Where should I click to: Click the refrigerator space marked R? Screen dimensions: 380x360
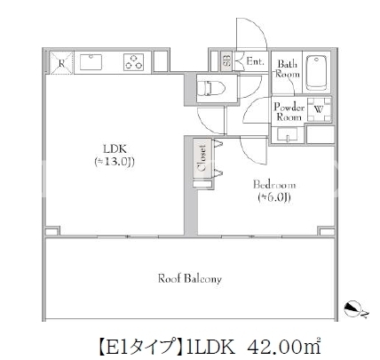pyautogui.click(x=61, y=63)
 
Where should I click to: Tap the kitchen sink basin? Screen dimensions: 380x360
pyautogui.click(x=91, y=62)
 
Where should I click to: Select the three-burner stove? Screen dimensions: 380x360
pyautogui.click(x=133, y=62)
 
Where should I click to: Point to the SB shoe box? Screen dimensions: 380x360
pyautogui.click(x=226, y=61)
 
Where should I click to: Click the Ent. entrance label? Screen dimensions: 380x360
pyautogui.click(x=255, y=61)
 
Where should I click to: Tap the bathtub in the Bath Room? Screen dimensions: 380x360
pyautogui.click(x=316, y=72)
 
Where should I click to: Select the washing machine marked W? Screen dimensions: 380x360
pyautogui.click(x=319, y=109)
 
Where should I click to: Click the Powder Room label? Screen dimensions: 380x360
pyautogui.click(x=289, y=112)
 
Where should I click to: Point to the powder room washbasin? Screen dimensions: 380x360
pyautogui.click(x=287, y=135)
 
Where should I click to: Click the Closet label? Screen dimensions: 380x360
pyautogui.click(x=202, y=158)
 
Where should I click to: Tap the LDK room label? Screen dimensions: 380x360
pyautogui.click(x=115, y=148)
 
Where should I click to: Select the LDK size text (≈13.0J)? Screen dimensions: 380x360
pyautogui.click(x=115, y=162)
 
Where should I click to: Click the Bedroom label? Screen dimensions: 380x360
pyautogui.click(x=274, y=185)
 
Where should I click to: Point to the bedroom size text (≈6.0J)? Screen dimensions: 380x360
pyautogui.click(x=274, y=197)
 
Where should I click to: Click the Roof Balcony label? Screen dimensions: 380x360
pyautogui.click(x=190, y=279)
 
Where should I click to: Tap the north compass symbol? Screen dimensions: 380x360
pyautogui.click(x=353, y=309)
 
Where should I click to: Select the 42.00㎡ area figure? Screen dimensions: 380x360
pyautogui.click(x=284, y=347)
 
